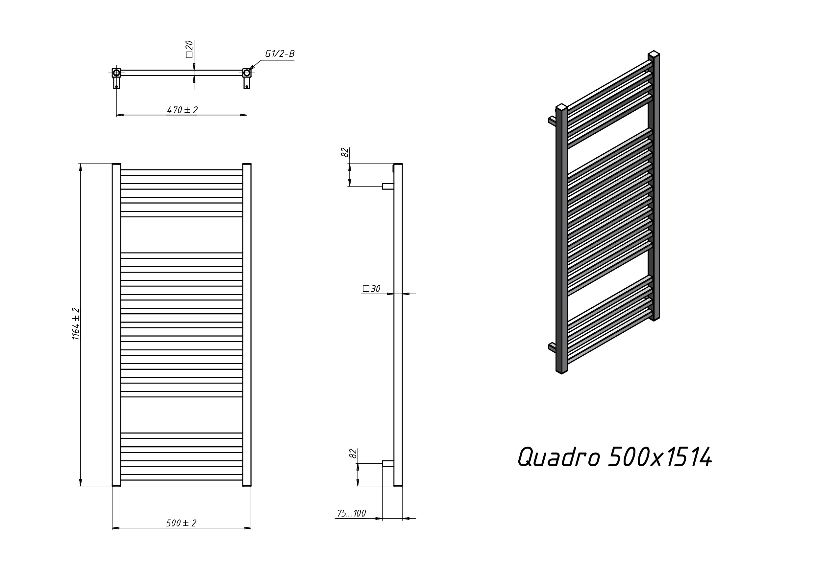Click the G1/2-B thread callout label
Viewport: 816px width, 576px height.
point(280,54)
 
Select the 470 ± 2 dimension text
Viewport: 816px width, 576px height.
point(182,110)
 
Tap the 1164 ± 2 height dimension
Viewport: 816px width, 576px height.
point(76,324)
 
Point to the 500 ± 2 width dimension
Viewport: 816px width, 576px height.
point(181,523)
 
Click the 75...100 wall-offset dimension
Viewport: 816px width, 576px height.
point(351,513)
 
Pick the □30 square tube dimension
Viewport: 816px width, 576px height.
point(371,289)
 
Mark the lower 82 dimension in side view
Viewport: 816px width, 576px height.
point(353,454)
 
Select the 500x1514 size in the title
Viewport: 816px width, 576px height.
point(660,457)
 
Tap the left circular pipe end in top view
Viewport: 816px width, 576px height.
point(116,73)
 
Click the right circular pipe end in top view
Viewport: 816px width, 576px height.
point(247,73)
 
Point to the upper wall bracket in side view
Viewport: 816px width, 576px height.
point(388,186)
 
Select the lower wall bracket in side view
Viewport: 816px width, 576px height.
point(388,463)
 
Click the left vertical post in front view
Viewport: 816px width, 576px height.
point(116,324)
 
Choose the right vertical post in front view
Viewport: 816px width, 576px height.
point(247,324)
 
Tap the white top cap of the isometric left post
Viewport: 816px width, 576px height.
point(561,106)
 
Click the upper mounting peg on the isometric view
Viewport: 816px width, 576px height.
point(552,120)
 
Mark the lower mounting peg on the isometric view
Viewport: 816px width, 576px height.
point(552,346)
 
